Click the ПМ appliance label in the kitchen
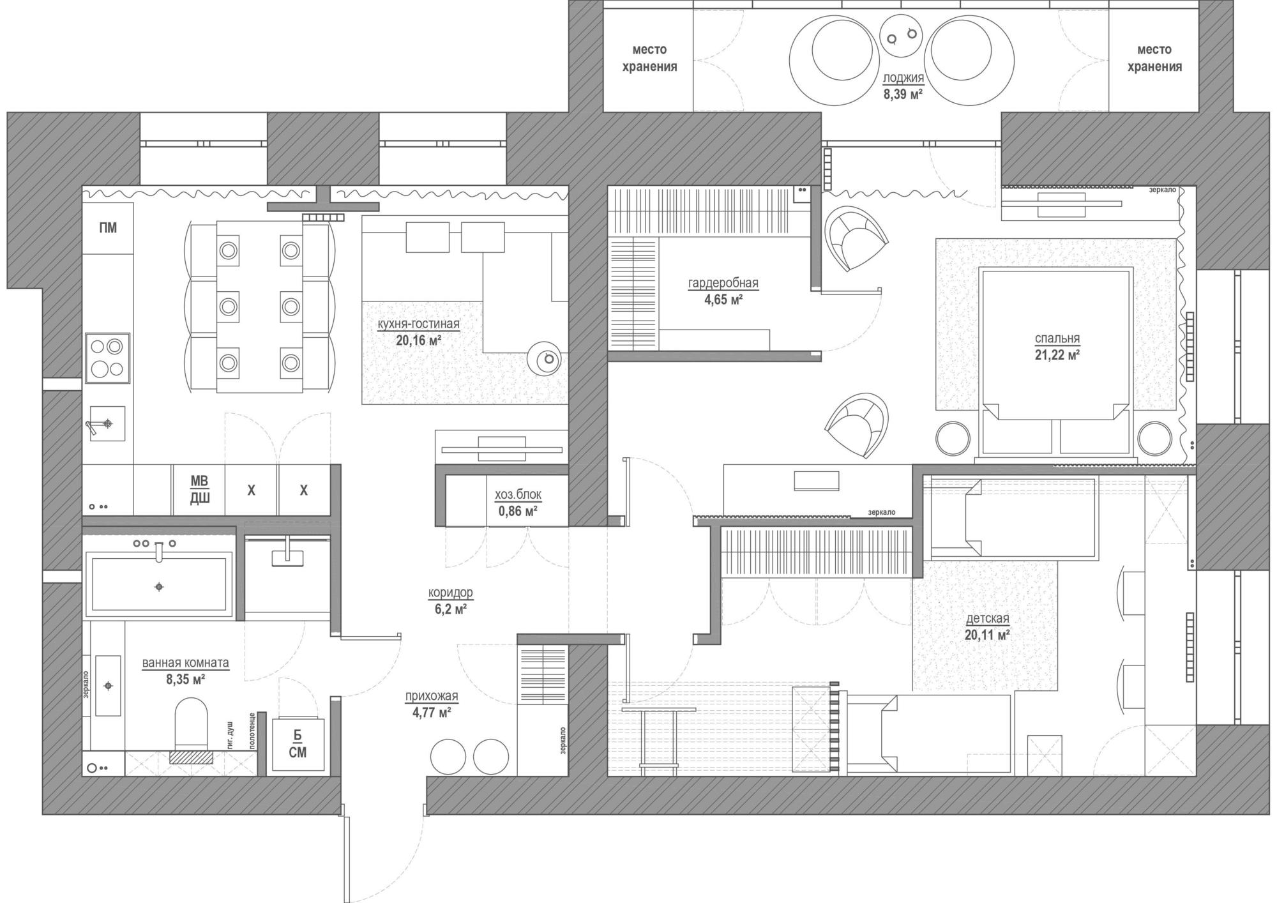coord(108,228)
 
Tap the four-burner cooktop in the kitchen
coord(107,358)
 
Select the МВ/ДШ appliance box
coord(199,490)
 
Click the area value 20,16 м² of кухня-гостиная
coord(419,340)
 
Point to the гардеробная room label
coord(723,283)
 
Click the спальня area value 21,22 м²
coord(1057,355)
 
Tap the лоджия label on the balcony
coord(903,79)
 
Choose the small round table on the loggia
coord(900,35)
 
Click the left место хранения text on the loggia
coord(649,58)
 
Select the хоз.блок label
coord(518,495)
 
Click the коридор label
coord(450,593)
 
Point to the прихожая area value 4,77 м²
coord(432,712)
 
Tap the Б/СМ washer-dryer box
coord(298,745)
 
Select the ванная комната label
coord(185,663)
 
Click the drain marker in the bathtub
coord(159,586)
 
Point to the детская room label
coord(988,619)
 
